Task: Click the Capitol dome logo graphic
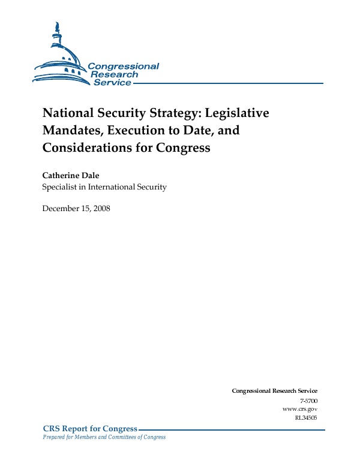coord(60,57)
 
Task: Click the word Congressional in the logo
coord(123,67)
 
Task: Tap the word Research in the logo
coord(114,74)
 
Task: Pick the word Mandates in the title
coord(69,130)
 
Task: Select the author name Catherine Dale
coord(71,176)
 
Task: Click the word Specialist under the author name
coord(59,187)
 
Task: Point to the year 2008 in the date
coord(101,209)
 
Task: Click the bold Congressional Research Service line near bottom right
coord(274,390)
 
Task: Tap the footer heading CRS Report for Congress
coord(90,428)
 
